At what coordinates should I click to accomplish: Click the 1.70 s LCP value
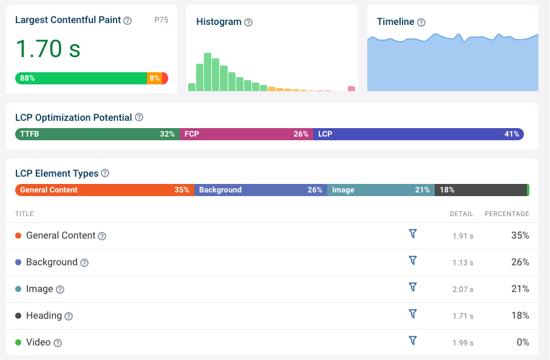click(x=48, y=49)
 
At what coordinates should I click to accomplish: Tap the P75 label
click(x=161, y=20)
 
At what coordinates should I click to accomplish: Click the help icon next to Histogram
click(x=248, y=22)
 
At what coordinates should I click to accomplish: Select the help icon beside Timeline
click(x=421, y=22)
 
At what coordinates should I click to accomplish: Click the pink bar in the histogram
click(x=351, y=89)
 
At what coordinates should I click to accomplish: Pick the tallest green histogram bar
click(x=208, y=72)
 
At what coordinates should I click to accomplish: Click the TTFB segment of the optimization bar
click(x=97, y=134)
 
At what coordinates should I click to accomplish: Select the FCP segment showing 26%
click(x=246, y=134)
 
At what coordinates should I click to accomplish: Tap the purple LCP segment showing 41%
click(x=419, y=134)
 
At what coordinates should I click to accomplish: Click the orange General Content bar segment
click(x=104, y=190)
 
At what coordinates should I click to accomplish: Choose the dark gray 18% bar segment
click(x=481, y=190)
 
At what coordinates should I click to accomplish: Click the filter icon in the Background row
click(x=413, y=260)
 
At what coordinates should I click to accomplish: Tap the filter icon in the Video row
click(x=413, y=341)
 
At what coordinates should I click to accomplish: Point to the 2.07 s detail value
click(x=463, y=290)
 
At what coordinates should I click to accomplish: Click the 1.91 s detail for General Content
click(x=463, y=236)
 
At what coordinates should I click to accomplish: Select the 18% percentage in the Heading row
click(x=520, y=316)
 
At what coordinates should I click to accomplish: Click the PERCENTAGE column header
click(x=507, y=214)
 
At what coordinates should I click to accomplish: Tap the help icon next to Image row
click(x=60, y=290)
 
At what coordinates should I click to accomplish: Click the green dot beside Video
click(x=18, y=342)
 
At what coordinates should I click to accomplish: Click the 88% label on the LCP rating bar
click(x=27, y=78)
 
